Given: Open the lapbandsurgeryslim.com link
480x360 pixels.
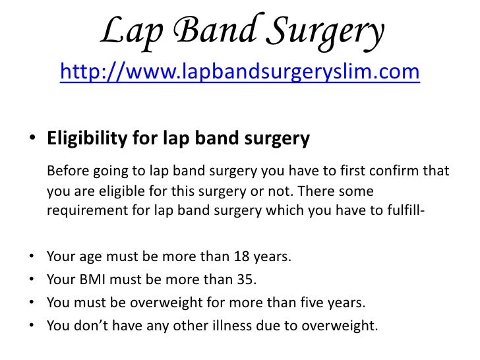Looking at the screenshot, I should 239,72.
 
